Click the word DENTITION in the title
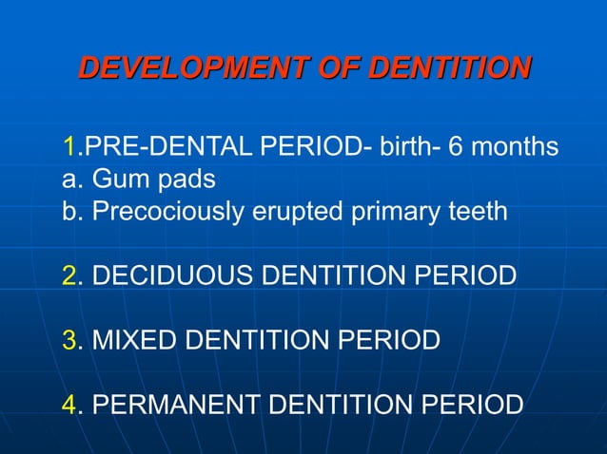point(448,69)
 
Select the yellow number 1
point(69,148)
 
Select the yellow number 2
point(69,275)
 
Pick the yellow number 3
point(69,339)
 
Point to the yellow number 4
point(69,404)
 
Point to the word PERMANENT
point(178,404)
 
